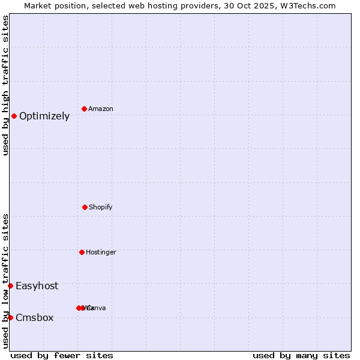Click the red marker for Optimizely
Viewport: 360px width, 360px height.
tap(14, 116)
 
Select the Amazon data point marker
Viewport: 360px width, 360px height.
tap(84, 109)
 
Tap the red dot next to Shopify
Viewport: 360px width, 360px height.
tap(85, 207)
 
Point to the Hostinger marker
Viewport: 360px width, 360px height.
tap(82, 252)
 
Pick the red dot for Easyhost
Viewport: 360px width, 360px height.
tap(10, 286)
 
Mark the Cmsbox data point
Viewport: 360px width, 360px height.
tap(10, 317)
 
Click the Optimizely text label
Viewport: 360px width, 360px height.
tap(44, 116)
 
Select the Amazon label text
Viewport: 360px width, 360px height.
tap(100, 109)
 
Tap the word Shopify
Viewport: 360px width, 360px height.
tap(100, 208)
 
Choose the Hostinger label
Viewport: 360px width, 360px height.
tap(101, 253)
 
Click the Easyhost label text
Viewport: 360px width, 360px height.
tap(37, 286)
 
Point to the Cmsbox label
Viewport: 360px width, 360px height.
tap(34, 318)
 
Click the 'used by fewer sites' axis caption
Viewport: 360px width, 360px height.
tap(62, 355)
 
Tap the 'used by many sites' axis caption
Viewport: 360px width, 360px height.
tap(301, 355)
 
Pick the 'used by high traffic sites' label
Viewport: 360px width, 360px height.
tap(5, 85)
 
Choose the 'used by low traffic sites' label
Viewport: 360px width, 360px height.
tap(5, 280)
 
